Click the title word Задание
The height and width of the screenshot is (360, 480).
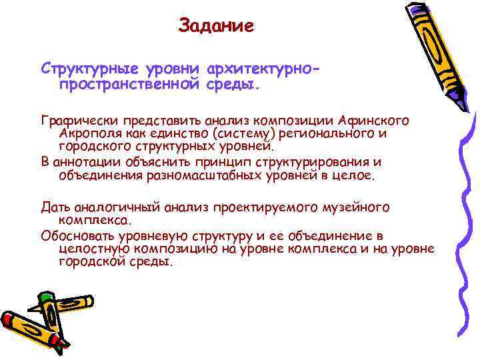(216, 27)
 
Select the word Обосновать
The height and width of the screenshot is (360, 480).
(77, 236)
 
